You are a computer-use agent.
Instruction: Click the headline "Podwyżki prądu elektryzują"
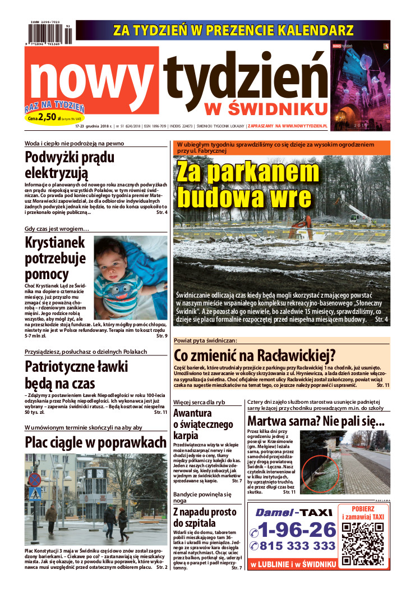pyautogui.click(x=70, y=163)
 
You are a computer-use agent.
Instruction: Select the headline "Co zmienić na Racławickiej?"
pyautogui.click(x=254, y=355)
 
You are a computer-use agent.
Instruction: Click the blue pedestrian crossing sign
pyautogui.click(x=35, y=494)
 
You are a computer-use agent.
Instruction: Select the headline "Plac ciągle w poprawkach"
pyautogui.click(x=95, y=442)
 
